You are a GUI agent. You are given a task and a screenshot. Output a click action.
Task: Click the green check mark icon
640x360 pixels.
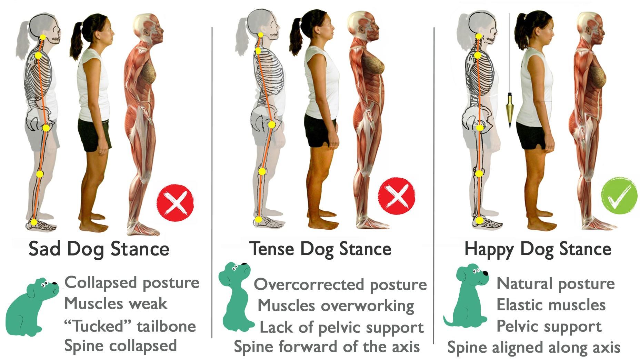pos(619,196)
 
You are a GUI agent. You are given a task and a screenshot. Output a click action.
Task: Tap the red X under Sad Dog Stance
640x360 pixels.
pos(176,202)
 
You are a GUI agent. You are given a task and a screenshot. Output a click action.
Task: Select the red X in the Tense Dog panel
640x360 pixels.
pos(397,196)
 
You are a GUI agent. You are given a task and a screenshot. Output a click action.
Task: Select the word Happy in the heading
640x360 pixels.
pos(489,249)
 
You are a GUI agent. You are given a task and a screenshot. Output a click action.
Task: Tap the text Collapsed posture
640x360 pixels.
pos(132,283)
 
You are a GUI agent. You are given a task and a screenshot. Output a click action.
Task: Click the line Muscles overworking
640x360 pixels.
pos(336,306)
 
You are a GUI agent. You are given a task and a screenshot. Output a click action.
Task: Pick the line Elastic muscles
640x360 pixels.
pos(551,305)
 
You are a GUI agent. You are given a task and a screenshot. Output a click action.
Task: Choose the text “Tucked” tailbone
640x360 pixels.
pos(130,326)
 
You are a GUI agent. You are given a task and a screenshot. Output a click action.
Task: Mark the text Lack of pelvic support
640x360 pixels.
pos(341,327)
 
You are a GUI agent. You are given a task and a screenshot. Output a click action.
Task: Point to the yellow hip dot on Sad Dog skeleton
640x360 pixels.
pos(46,128)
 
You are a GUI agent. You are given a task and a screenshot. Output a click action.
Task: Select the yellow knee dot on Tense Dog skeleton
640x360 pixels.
pos(262,171)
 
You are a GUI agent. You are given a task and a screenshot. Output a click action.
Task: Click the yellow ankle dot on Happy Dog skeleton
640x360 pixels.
pos(479,220)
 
